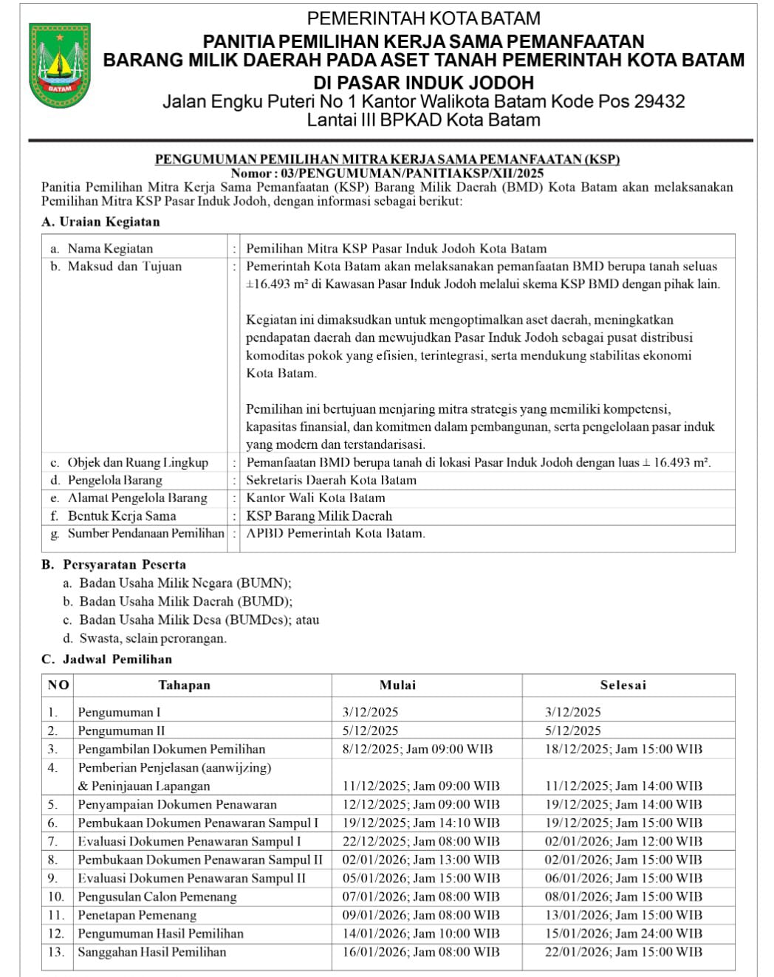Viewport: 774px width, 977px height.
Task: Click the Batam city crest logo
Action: (60, 65)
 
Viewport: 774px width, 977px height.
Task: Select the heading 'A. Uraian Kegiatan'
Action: (100, 222)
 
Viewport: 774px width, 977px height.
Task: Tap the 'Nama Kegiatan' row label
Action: (110, 249)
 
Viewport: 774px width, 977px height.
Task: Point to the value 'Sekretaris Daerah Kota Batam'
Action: (331, 480)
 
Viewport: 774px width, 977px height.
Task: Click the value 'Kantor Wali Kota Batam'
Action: (315, 498)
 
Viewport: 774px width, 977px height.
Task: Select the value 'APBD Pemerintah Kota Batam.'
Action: (335, 533)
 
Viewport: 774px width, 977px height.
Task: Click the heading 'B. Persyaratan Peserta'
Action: (114, 565)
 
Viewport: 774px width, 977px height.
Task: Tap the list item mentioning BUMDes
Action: (199, 620)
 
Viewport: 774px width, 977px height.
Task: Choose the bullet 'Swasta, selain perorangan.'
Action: (152, 638)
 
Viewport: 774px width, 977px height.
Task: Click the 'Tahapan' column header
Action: (185, 685)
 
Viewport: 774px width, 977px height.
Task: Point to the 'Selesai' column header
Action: (623, 685)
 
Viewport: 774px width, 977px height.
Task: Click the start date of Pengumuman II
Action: (370, 730)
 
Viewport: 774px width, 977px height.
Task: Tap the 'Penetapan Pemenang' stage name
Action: (137, 915)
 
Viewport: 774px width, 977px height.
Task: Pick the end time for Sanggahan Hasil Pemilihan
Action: (623, 952)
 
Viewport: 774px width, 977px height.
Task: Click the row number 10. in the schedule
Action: (56, 897)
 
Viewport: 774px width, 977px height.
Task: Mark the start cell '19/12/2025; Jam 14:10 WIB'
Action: (420, 823)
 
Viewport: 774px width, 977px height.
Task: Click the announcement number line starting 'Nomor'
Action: (387, 173)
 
